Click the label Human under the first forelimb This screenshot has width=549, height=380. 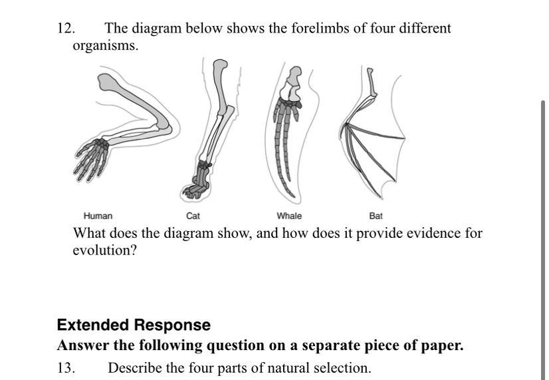(98, 216)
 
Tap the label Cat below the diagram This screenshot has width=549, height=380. (193, 216)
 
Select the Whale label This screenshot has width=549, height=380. (289, 216)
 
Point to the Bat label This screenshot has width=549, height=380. (376, 216)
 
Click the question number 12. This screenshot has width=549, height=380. (66, 29)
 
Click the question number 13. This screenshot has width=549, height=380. (66, 368)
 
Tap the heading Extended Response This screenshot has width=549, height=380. (134, 325)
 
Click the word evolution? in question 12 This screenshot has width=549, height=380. (104, 251)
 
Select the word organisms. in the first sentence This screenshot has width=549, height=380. (106, 46)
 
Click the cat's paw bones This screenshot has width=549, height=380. (197, 185)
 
